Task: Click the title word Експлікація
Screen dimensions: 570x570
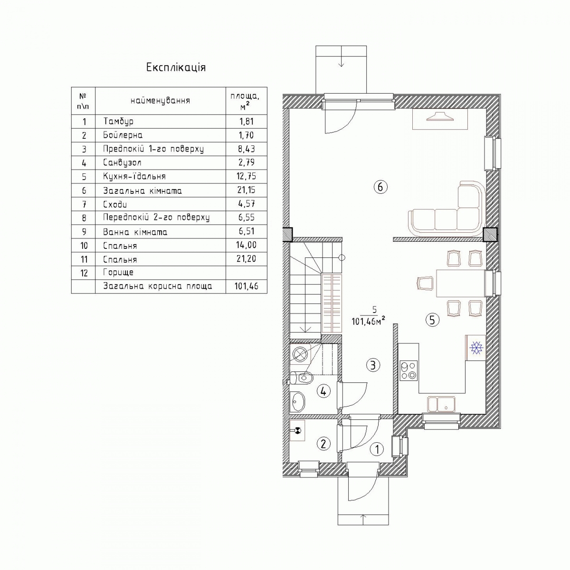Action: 176,68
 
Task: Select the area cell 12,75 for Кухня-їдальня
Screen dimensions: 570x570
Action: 246,176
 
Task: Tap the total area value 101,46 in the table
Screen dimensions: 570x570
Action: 246,286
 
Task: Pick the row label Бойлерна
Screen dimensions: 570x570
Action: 123,135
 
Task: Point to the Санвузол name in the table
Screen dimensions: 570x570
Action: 122,163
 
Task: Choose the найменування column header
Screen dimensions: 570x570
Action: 160,101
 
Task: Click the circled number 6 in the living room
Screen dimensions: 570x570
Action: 380,187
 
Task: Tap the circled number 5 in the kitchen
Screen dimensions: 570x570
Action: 432,320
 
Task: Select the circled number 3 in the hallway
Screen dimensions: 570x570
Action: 373,365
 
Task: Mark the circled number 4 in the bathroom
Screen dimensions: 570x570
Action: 323,391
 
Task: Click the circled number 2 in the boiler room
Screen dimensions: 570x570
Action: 323,444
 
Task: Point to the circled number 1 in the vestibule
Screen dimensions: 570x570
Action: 377,449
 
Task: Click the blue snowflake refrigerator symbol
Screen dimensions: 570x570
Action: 476,348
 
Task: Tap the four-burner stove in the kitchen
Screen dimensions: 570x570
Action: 408,371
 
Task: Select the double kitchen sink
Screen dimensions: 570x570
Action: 441,404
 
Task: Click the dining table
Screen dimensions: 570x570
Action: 461,283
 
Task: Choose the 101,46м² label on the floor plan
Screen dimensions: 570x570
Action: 368,321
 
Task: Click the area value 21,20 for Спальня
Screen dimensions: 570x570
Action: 246,259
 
